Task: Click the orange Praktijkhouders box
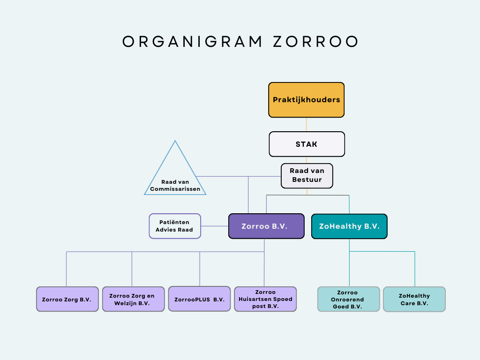[307, 100]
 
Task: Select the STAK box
[307, 144]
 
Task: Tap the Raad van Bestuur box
[307, 176]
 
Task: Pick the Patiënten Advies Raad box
[175, 226]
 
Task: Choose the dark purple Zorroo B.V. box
[266, 226]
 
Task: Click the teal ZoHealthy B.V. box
[349, 226]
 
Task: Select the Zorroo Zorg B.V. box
[67, 300]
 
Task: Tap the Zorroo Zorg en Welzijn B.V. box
[133, 300]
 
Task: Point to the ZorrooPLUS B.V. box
[199, 299]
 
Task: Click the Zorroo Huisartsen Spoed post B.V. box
[265, 300]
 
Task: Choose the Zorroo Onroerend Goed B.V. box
[348, 300]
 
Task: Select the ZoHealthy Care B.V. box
[414, 300]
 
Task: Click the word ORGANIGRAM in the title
[192, 42]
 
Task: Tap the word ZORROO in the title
[315, 42]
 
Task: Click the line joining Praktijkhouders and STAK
[307, 125]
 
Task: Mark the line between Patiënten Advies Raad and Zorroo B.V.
[215, 226]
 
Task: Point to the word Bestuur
[307, 180]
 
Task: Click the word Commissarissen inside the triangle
[175, 189]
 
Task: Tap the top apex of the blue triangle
[175, 141]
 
